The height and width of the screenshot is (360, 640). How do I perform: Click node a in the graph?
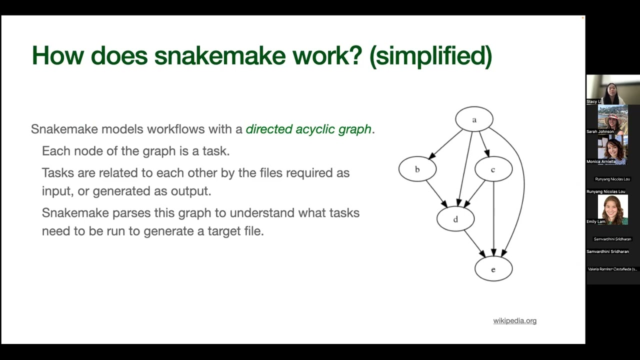pyautogui.click(x=474, y=119)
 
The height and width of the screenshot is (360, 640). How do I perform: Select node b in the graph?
pyautogui.click(x=417, y=169)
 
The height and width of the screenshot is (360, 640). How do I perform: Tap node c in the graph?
pyautogui.click(x=493, y=169)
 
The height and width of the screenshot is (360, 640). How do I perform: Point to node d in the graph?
pyautogui.click(x=455, y=219)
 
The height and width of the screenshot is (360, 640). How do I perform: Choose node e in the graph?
pyautogui.click(x=493, y=269)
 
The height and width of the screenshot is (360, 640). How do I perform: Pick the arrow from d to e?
pyautogui.click(x=474, y=244)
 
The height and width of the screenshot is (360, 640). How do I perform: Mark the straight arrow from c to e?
pyautogui.click(x=493, y=220)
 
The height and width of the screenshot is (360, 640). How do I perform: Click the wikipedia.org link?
pyautogui.click(x=514, y=321)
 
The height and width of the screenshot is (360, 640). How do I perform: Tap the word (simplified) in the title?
pyautogui.click(x=430, y=55)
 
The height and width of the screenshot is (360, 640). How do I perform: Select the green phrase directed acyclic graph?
pyautogui.click(x=308, y=129)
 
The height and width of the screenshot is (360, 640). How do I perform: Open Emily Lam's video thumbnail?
pyautogui.click(x=612, y=209)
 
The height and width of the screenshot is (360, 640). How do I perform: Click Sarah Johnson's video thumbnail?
pyautogui.click(x=612, y=119)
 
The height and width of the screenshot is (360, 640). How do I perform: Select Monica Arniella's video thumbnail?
pyautogui.click(x=612, y=149)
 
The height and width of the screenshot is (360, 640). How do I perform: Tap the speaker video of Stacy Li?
pyautogui.click(x=612, y=89)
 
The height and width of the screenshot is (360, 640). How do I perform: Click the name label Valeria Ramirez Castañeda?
pyautogui.click(x=612, y=269)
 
